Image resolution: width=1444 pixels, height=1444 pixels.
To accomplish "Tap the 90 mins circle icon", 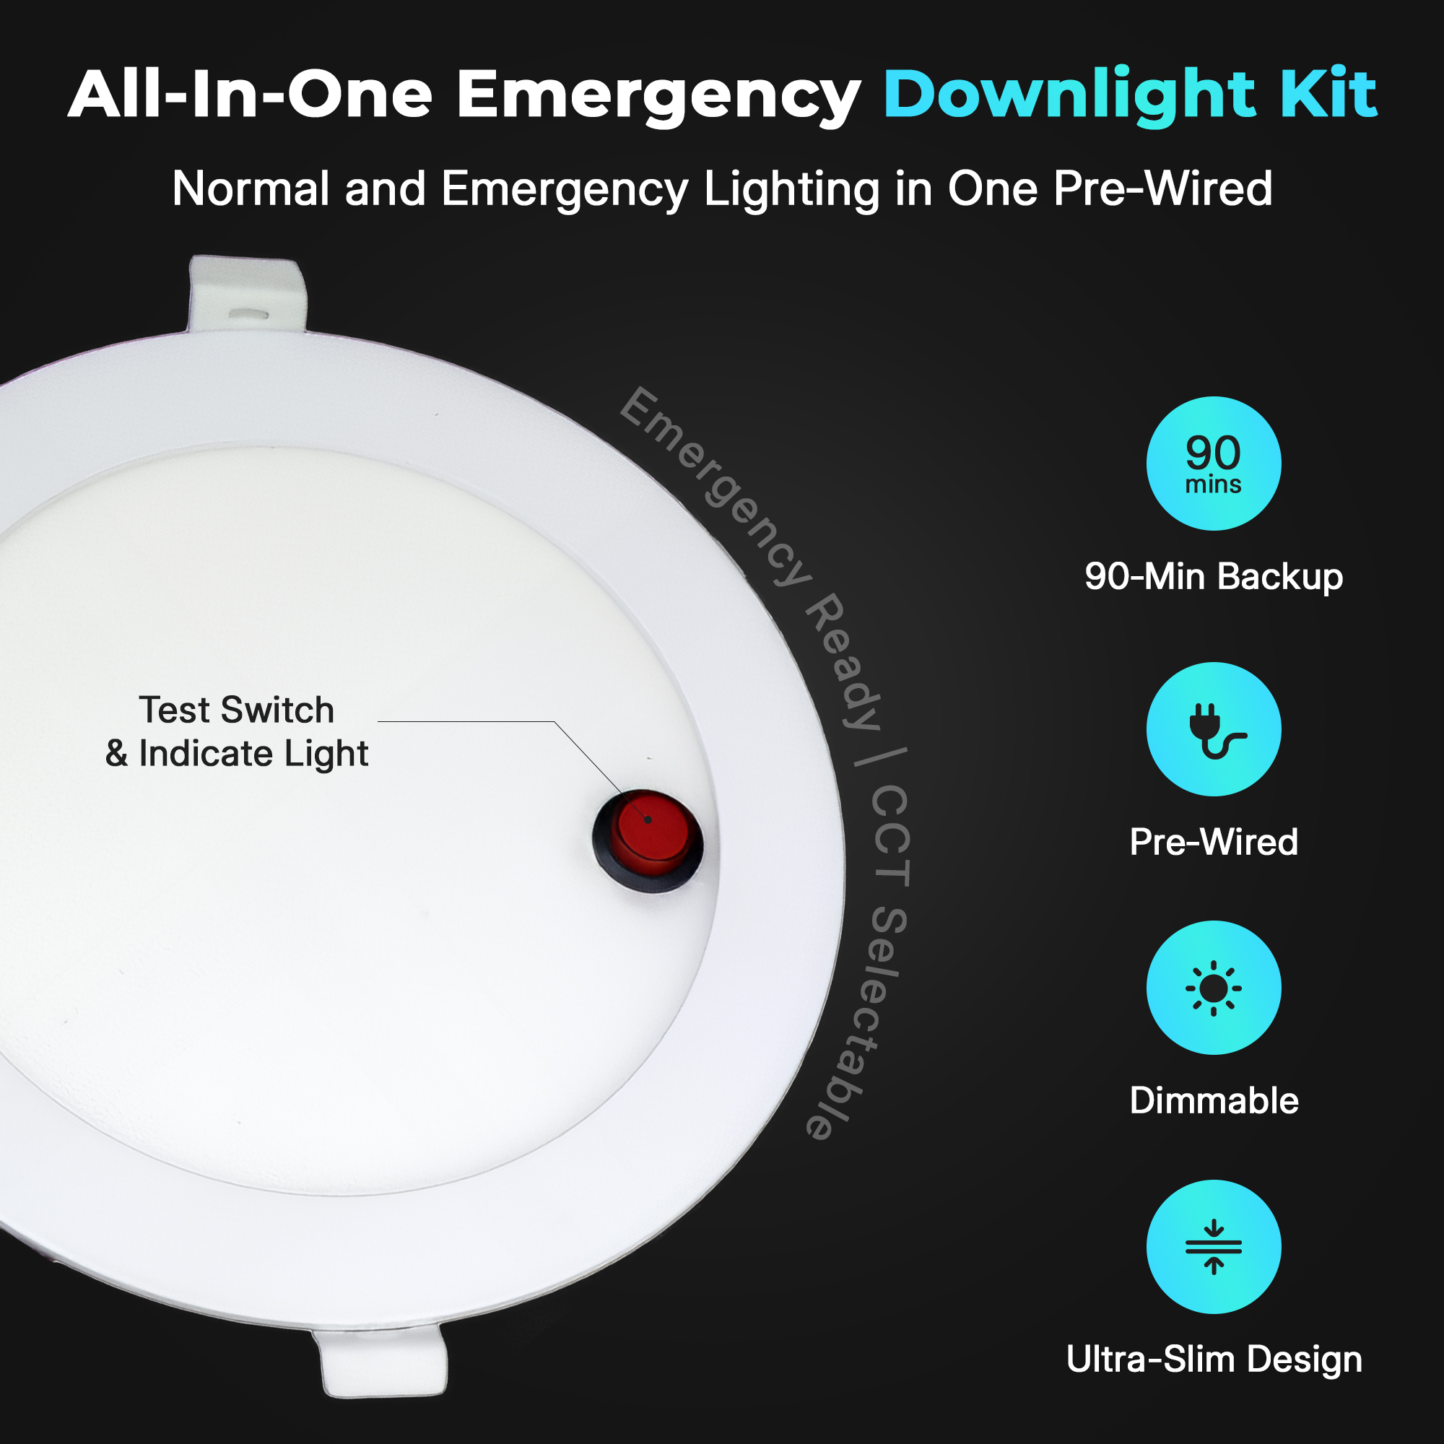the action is coord(1214,464).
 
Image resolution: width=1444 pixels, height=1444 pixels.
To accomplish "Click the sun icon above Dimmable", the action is coord(1214,988).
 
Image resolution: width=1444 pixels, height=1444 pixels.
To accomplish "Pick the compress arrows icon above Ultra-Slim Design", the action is coord(1214,1247).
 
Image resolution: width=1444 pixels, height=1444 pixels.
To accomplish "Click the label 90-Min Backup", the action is coord(1214,576).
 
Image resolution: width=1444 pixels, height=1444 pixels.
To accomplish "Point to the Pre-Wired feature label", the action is coord(1214,842).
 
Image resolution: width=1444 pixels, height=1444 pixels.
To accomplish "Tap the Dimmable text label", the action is coord(1214,1100).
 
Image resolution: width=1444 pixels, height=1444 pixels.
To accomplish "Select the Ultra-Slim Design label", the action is coord(1214,1360).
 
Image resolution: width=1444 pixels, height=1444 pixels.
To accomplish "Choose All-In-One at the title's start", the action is coord(251,93).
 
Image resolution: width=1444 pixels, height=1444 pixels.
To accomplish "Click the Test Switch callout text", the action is coord(236,709).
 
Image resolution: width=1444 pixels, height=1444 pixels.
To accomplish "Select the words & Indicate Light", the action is coord(236,753).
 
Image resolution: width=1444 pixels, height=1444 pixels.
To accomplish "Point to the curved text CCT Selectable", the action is coord(882,964).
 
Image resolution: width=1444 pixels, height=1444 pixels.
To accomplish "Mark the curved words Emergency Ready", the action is coord(755,553).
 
